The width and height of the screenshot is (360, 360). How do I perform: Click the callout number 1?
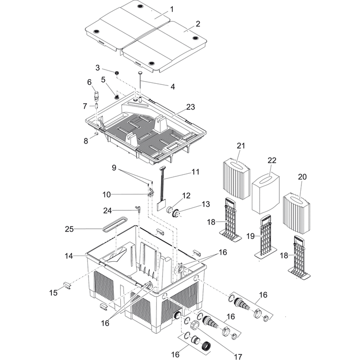click(172, 9)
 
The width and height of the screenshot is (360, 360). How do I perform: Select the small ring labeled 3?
click(117, 73)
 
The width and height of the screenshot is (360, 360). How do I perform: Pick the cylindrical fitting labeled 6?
click(96, 95)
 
